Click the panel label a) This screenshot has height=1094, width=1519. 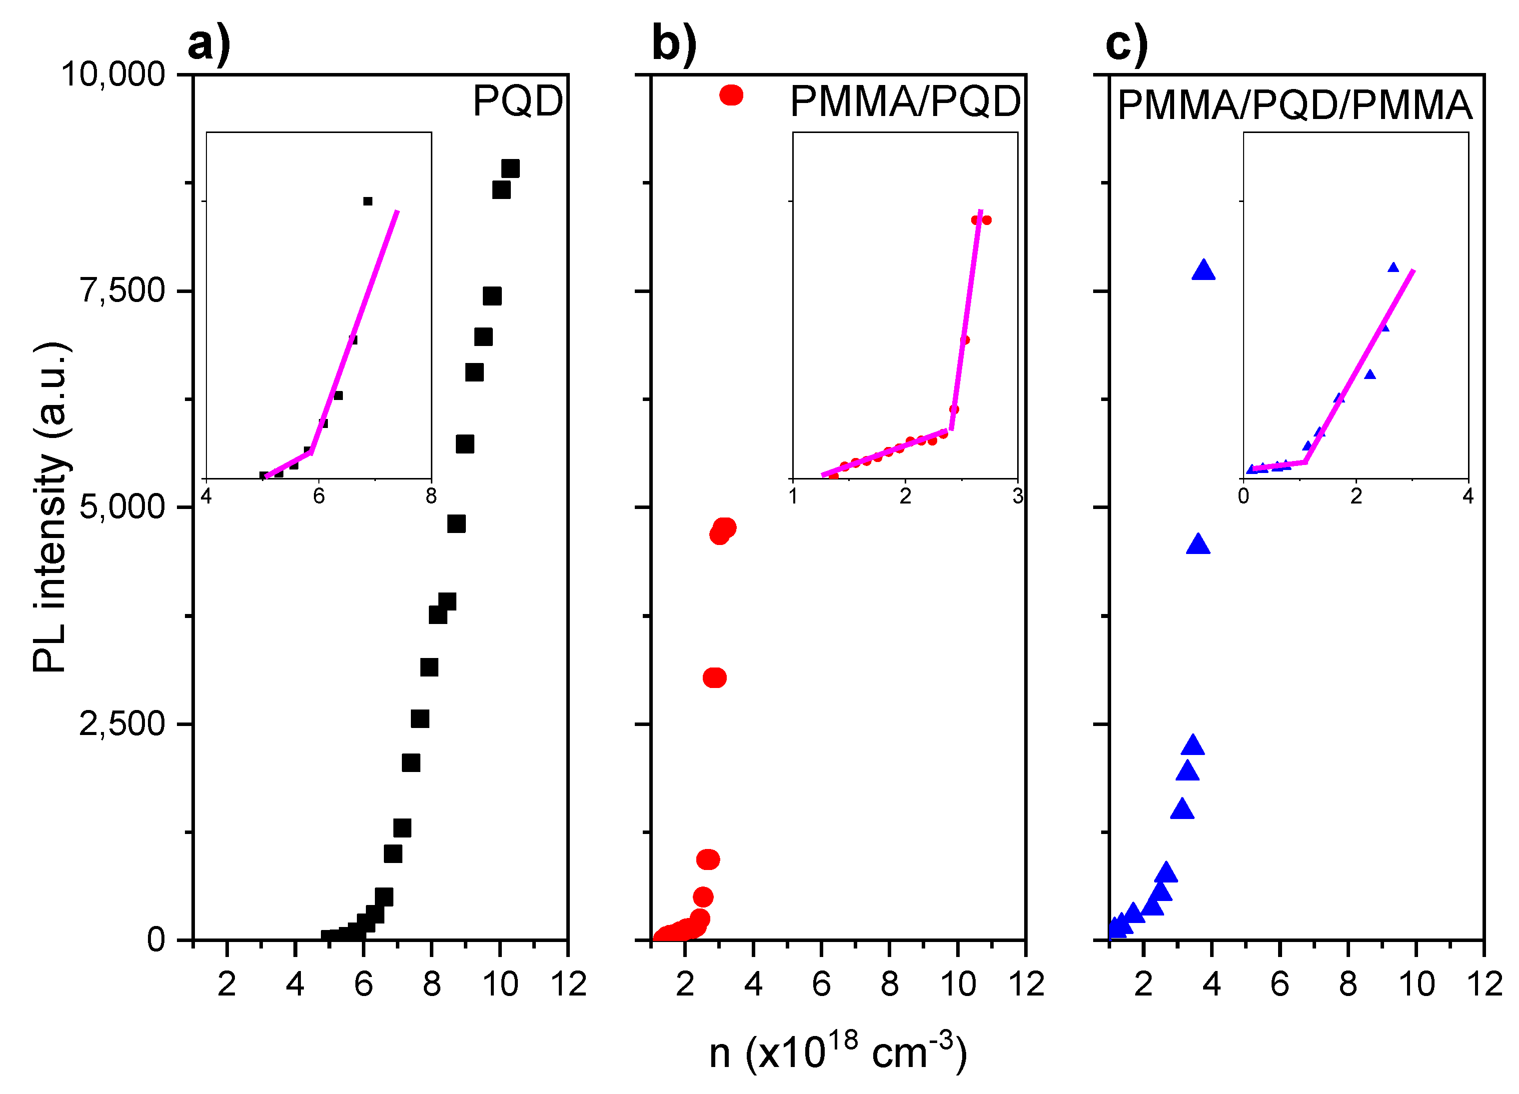point(209,44)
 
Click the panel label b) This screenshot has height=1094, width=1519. point(674,44)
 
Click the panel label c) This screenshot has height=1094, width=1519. point(1127,44)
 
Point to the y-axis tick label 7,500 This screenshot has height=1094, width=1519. point(122,291)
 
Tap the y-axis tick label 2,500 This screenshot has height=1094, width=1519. point(122,723)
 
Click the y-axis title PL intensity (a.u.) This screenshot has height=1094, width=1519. point(51,506)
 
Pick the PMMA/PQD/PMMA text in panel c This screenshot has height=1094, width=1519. point(1295,105)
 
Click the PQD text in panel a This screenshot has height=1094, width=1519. point(518,101)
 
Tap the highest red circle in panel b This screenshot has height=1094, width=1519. point(731,95)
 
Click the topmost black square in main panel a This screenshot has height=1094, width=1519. point(510,168)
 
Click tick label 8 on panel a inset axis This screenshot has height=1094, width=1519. point(431,496)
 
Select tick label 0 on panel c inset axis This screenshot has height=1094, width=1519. point(1244,496)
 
